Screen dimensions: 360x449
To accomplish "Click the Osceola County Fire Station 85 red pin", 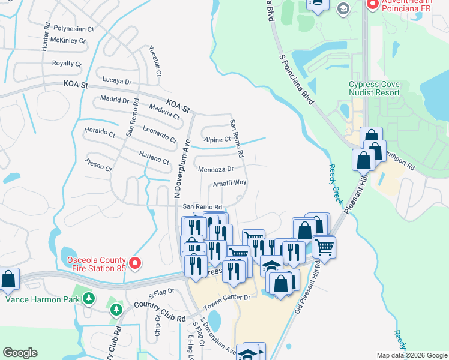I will [x=135, y=263].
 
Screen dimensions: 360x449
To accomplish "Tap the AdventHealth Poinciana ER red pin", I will [x=372, y=5].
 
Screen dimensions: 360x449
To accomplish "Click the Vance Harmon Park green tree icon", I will [x=89, y=298].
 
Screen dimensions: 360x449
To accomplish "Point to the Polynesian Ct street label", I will [x=74, y=28].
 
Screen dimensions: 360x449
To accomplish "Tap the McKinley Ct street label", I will [x=68, y=41].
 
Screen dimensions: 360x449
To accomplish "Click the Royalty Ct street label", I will [x=67, y=63].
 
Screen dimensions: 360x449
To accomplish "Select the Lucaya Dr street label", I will [x=117, y=81].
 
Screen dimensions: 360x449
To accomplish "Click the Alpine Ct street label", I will [x=217, y=139].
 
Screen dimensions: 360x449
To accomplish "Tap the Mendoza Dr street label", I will [x=215, y=169].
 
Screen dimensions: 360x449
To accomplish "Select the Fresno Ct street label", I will [x=98, y=165].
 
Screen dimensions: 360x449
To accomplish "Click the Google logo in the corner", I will [x=20, y=353].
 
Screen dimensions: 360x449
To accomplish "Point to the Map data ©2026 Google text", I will [x=411, y=355].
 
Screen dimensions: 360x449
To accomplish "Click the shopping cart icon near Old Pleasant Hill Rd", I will [x=324, y=246].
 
